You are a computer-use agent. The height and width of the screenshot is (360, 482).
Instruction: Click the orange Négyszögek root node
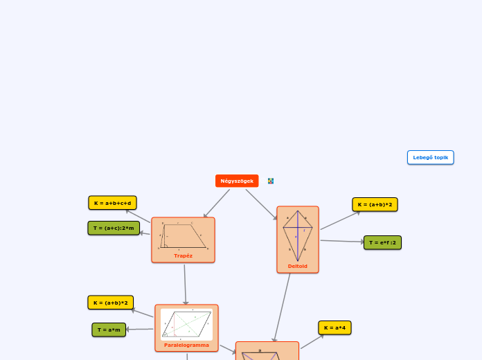click(237, 181)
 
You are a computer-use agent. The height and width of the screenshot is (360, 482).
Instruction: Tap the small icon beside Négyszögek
click(271, 181)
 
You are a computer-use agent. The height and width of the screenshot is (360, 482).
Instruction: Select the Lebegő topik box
click(430, 157)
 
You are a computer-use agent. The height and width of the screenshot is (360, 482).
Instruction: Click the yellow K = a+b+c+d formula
click(112, 203)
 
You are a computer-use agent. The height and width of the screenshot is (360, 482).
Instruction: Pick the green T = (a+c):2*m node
click(114, 228)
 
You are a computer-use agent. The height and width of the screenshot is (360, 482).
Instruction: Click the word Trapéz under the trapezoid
click(183, 255)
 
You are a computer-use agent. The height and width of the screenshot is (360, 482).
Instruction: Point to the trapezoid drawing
click(183, 235)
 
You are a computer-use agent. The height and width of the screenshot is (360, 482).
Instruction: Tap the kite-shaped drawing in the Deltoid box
click(298, 235)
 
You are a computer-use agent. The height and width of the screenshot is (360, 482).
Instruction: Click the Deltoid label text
click(298, 266)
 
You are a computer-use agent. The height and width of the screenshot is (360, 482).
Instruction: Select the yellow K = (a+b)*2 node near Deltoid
click(375, 204)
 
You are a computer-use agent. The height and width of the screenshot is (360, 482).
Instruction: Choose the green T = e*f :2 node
click(382, 242)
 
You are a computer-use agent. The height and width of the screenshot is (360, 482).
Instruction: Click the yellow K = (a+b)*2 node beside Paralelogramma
click(110, 303)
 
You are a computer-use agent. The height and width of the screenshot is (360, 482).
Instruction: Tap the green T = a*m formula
click(109, 330)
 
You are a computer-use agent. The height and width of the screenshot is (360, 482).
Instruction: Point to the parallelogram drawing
click(186, 324)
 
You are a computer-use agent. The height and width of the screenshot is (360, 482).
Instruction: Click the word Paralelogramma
click(186, 345)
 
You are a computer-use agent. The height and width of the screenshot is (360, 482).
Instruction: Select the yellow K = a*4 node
click(334, 327)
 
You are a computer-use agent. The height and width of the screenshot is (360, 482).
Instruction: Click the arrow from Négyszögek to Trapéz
click(217, 204)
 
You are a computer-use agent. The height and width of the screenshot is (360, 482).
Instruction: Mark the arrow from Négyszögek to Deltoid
click(262, 204)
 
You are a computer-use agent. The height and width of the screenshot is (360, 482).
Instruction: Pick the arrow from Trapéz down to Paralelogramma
click(185, 284)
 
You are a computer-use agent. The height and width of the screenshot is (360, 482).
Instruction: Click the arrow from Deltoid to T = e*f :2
click(342, 242)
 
